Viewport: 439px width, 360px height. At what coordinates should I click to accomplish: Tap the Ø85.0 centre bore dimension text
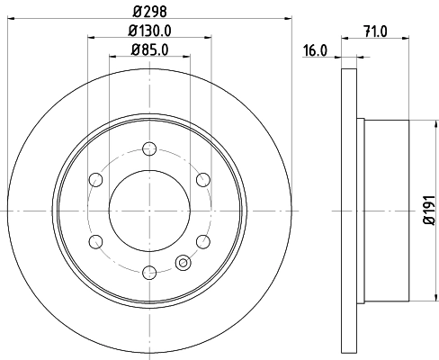click(149, 49)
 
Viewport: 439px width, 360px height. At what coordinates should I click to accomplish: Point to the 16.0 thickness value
click(313, 52)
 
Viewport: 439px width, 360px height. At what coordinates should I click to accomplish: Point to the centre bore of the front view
click(149, 210)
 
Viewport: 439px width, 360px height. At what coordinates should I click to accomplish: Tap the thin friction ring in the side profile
click(350, 210)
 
